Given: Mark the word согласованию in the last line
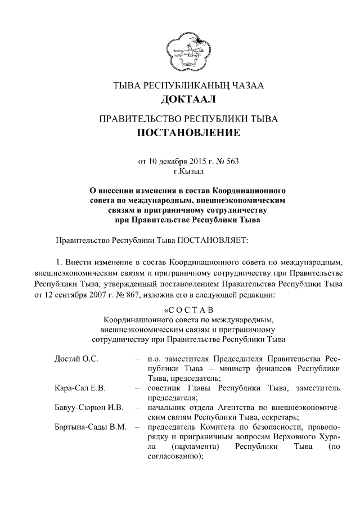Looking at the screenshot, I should (x=173, y=456).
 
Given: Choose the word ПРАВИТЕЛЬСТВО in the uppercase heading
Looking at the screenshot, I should (x=139, y=119).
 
